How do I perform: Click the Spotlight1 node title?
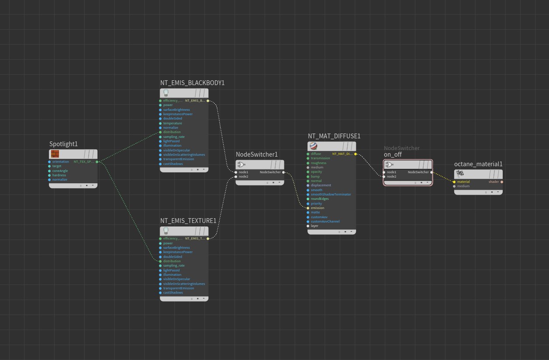63,144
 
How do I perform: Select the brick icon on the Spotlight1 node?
55,154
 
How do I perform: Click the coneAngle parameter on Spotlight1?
60,171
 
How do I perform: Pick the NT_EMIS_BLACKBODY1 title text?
192,83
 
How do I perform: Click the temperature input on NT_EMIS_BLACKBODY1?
172,123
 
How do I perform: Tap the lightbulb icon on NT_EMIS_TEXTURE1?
166,230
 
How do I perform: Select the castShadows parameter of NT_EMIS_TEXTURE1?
173,292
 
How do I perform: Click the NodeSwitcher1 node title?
256,154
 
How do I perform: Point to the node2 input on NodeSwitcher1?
236,177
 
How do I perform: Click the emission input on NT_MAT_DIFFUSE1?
308,208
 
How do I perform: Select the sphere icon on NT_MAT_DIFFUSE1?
313,146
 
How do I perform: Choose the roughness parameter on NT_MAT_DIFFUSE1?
318,163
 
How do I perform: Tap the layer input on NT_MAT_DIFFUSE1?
308,226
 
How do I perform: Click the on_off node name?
393,155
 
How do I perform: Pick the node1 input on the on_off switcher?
384,172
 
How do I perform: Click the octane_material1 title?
478,164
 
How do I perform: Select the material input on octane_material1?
455,182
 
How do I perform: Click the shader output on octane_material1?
501,182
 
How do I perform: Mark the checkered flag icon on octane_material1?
460,174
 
